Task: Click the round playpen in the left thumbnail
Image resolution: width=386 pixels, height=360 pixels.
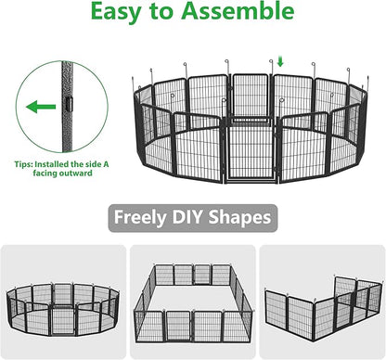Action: click(63, 310)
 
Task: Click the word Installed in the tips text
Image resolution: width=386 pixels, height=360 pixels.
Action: click(52, 163)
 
